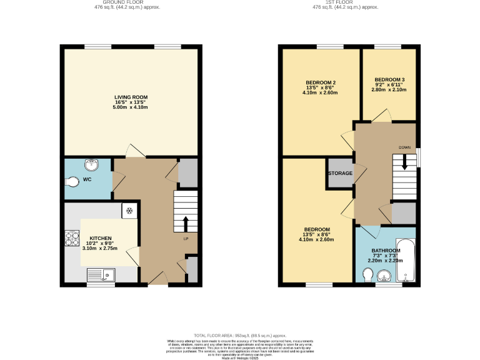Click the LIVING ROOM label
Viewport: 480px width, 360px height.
tap(131, 97)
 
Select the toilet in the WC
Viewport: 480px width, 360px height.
tap(72, 182)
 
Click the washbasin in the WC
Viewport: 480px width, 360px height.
tap(93, 164)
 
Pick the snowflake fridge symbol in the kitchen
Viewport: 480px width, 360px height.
tap(129, 211)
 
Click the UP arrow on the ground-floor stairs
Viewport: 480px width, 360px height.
tap(185, 224)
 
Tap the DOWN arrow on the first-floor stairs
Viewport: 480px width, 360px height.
tap(404, 162)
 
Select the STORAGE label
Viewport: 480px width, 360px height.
tap(340, 173)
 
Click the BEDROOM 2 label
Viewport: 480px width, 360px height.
tap(321, 82)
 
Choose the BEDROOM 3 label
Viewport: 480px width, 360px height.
tap(389, 79)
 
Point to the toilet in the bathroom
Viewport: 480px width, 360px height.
tap(367, 275)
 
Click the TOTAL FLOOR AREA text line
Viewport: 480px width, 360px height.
tap(239, 335)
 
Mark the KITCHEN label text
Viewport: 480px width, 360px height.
tap(101, 238)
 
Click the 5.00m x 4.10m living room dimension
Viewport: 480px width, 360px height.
tap(131, 107)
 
